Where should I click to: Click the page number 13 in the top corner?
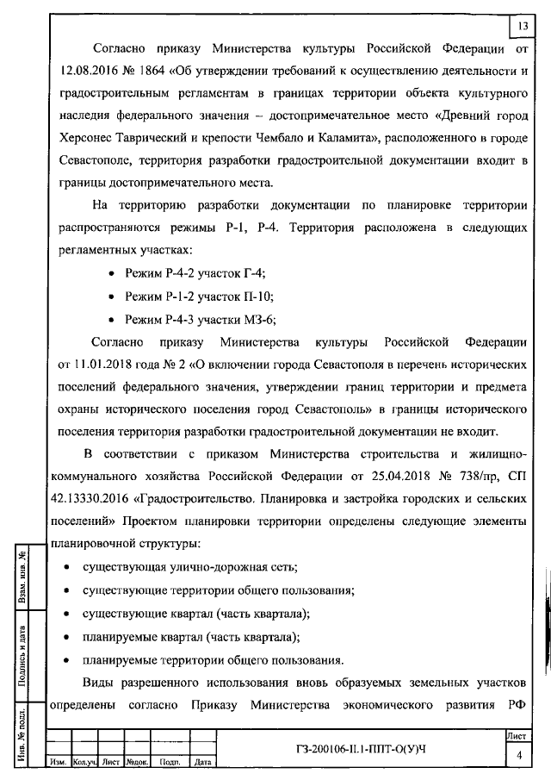click(523, 27)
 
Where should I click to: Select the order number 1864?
click(158, 70)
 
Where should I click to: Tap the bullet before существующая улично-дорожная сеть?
click(66, 568)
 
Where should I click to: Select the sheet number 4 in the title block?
click(519, 755)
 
